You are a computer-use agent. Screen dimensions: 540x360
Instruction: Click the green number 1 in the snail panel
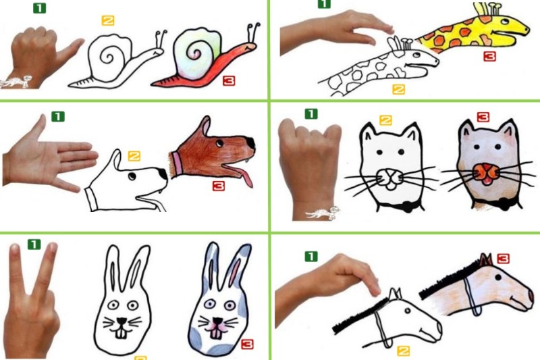[x=39, y=8]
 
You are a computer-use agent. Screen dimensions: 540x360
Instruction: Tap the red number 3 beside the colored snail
[x=229, y=80]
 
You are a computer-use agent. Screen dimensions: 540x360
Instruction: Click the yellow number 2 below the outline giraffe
[x=398, y=90]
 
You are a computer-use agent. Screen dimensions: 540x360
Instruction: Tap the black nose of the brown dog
[x=251, y=143]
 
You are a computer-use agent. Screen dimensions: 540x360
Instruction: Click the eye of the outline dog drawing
[x=132, y=177]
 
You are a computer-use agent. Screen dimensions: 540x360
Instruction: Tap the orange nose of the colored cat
[x=485, y=172]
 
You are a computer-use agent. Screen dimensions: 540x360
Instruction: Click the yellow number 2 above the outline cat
[x=385, y=120]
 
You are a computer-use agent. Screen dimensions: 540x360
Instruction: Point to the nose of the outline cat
[x=391, y=176]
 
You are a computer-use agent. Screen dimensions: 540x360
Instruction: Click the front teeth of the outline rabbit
[x=121, y=334]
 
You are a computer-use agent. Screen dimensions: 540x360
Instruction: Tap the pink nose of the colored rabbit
[x=217, y=322]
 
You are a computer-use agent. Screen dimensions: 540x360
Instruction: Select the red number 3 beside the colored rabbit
[x=247, y=344]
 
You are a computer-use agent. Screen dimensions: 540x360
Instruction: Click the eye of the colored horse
[x=498, y=277]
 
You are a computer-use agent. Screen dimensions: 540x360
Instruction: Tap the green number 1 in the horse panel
[x=311, y=256]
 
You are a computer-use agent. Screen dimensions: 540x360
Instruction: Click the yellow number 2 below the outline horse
[x=403, y=351]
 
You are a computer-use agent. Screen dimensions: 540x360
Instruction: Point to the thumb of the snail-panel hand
[x=71, y=49]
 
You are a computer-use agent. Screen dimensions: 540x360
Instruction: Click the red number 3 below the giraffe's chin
[x=489, y=56]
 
